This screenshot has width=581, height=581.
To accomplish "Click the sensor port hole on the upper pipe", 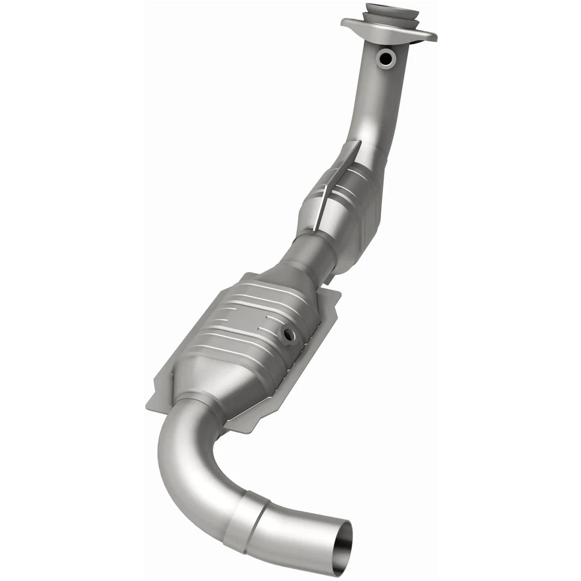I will [x=385, y=57].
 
